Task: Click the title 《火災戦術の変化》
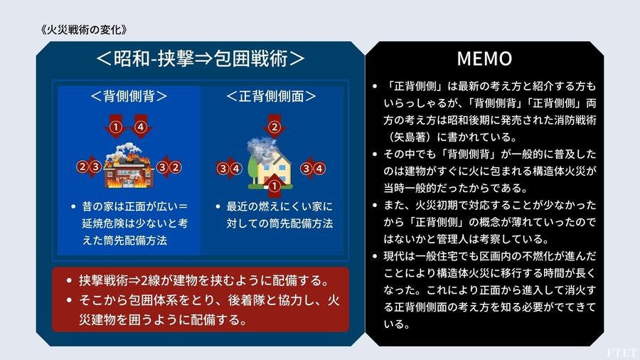click(x=84, y=29)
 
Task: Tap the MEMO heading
click(x=484, y=58)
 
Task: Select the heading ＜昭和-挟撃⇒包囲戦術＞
click(x=200, y=58)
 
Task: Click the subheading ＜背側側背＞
click(x=129, y=96)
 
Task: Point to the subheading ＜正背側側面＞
click(x=272, y=96)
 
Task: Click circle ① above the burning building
click(x=116, y=127)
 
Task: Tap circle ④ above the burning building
click(x=141, y=127)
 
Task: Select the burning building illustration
click(x=129, y=165)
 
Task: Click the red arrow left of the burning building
click(x=89, y=167)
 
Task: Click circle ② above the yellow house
click(x=274, y=127)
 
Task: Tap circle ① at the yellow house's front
click(x=274, y=186)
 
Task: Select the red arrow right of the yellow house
click(x=312, y=168)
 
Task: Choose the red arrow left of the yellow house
click(x=229, y=168)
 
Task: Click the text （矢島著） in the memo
click(x=409, y=137)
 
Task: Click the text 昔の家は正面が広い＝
click(x=134, y=206)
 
